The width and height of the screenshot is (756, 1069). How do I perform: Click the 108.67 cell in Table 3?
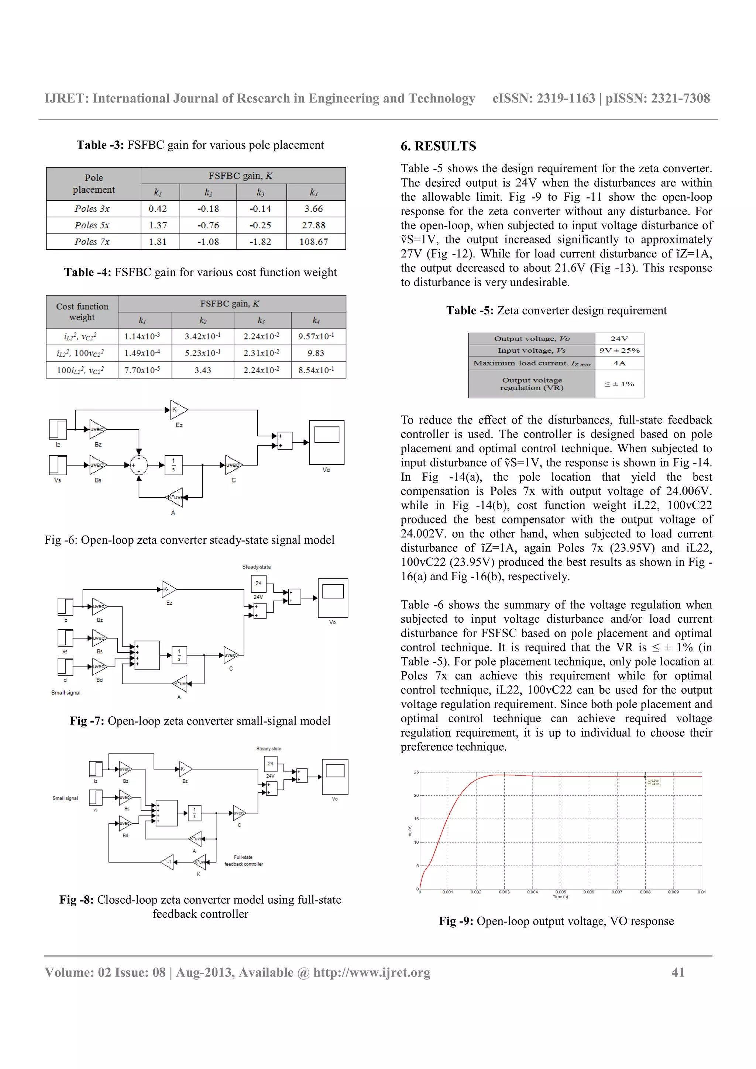point(313,242)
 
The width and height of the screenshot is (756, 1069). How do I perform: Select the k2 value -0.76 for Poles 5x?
point(208,225)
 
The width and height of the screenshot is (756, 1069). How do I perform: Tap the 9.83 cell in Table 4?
point(315,353)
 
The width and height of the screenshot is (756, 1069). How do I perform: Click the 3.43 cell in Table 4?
point(203,370)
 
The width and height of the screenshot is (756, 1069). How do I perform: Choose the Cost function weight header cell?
point(82,312)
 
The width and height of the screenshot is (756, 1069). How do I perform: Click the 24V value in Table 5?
point(619,339)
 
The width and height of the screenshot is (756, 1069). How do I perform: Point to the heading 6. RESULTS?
point(438,146)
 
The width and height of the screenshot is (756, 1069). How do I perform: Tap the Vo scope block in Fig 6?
point(327,442)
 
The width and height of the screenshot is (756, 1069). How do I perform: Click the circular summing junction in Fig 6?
point(139,465)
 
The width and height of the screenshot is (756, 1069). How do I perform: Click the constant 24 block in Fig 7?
point(258,584)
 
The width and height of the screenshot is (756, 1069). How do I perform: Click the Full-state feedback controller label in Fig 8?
point(244,861)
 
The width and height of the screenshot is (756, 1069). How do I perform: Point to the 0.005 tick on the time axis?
point(561,892)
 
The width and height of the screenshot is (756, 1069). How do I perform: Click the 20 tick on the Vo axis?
point(416,795)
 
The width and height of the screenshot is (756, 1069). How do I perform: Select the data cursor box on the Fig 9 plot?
point(653,782)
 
